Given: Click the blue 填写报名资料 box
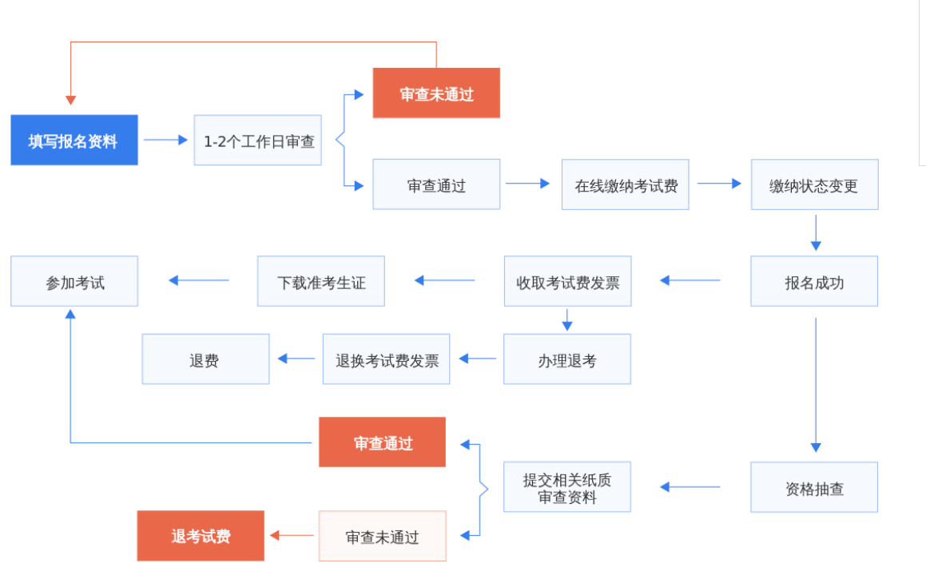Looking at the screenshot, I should pos(74,141).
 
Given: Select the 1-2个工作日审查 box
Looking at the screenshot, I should pos(257,141).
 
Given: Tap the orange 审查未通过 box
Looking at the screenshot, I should pos(436,93).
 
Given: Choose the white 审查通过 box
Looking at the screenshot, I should pos(436,184).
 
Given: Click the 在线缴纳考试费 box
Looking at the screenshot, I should pos(625,184).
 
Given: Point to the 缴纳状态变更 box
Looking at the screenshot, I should pos(814,184).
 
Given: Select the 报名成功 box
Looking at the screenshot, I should pos(814,281).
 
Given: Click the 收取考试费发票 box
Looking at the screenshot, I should pos(567,281).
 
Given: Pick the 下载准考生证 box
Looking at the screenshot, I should pos(320,281).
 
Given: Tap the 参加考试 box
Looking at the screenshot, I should pos(74,281).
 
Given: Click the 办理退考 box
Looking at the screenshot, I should pos(566,359).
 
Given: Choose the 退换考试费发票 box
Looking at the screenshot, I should pos(387,359).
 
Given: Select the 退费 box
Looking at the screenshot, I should pos(205,359).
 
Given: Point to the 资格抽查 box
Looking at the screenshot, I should pos(814,487).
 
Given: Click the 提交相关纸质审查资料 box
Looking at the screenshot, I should pos(566,487).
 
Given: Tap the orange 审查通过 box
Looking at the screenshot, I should pos(382,442).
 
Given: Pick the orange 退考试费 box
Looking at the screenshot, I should pos(201,536).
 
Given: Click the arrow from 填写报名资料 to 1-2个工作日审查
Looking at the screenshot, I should pos(165,141).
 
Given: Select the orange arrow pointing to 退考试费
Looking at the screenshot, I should pos(292,536).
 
